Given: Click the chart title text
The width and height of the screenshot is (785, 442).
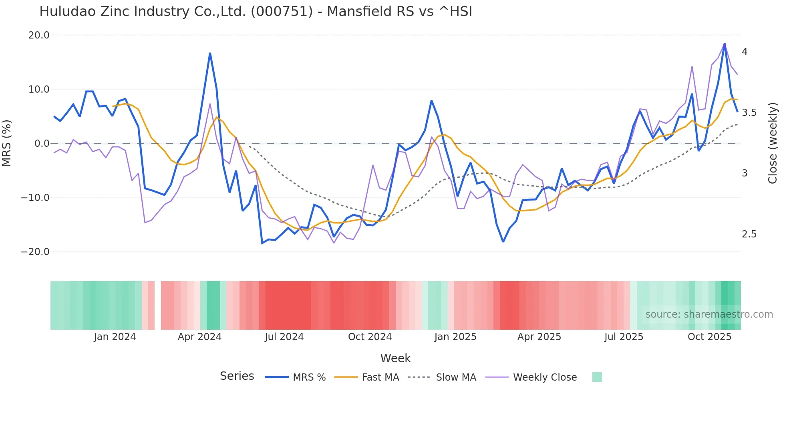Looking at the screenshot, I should point(256,12).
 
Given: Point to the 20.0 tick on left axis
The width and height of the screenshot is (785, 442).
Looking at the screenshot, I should point(39,35).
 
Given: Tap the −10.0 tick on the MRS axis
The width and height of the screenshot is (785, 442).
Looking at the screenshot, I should point(35,198).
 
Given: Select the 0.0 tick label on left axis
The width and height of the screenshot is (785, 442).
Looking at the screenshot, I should point(42,144).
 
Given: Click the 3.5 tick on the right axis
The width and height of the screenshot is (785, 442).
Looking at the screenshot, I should point(749,113).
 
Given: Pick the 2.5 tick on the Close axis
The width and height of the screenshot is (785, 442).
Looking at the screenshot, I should point(749,234).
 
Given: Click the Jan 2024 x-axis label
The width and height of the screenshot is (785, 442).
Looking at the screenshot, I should point(115,337).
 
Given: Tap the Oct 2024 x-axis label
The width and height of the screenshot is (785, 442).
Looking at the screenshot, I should point(370,337).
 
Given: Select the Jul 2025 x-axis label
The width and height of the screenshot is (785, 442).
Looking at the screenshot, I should point(624,337).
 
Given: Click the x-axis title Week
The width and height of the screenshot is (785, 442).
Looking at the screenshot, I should point(395,358).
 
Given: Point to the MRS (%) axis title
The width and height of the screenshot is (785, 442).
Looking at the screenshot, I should point(7,143).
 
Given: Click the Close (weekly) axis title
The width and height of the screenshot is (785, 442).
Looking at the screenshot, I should point(773,143).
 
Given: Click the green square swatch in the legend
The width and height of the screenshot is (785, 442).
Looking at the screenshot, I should point(597,377).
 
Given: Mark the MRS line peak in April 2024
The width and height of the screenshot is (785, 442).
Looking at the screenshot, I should point(210,53).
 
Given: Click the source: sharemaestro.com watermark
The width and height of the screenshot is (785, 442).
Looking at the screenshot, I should point(709,314).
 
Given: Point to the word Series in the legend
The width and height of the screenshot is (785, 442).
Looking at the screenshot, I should point(237,376).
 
